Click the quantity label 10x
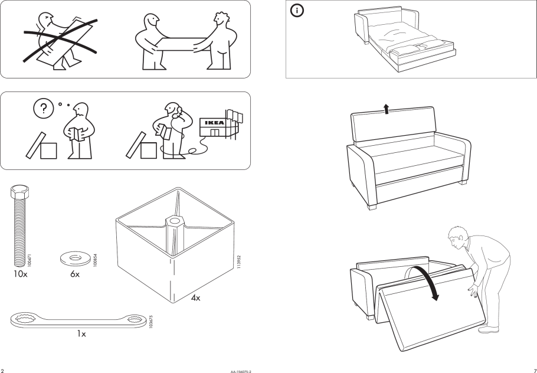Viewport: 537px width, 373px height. pyautogui.click(x=19, y=273)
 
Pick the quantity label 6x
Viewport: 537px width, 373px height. pyautogui.click(x=74, y=273)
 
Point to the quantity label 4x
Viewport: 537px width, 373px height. pyautogui.click(x=196, y=298)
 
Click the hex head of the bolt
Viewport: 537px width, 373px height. pyautogui.click(x=19, y=193)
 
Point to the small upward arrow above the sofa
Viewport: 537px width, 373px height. pyautogui.click(x=387, y=108)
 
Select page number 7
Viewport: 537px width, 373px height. pyautogui.click(x=533, y=369)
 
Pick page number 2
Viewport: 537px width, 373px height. pyautogui.click(x=3, y=369)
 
